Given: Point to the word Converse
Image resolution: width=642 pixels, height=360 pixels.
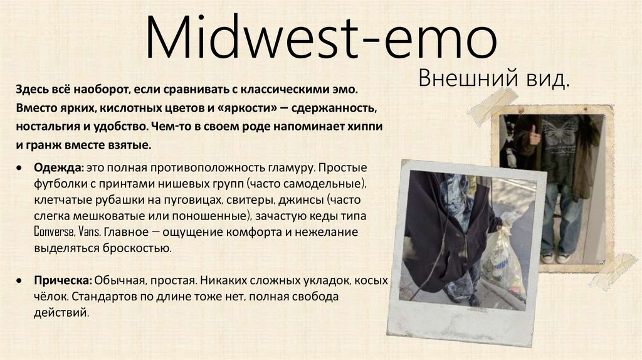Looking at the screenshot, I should coord(55,233).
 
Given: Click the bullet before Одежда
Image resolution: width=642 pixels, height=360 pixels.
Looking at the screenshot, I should coord(21,170).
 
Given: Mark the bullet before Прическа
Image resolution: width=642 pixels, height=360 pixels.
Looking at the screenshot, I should coord(21,280).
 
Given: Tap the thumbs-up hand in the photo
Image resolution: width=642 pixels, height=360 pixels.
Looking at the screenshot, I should coord(534,134).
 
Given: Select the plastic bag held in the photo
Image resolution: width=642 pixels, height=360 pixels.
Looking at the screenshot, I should coord(504,257).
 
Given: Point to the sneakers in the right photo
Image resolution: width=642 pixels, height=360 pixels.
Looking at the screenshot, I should coord(555,257).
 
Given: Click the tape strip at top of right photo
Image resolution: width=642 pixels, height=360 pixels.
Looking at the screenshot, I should coord(493,105).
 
